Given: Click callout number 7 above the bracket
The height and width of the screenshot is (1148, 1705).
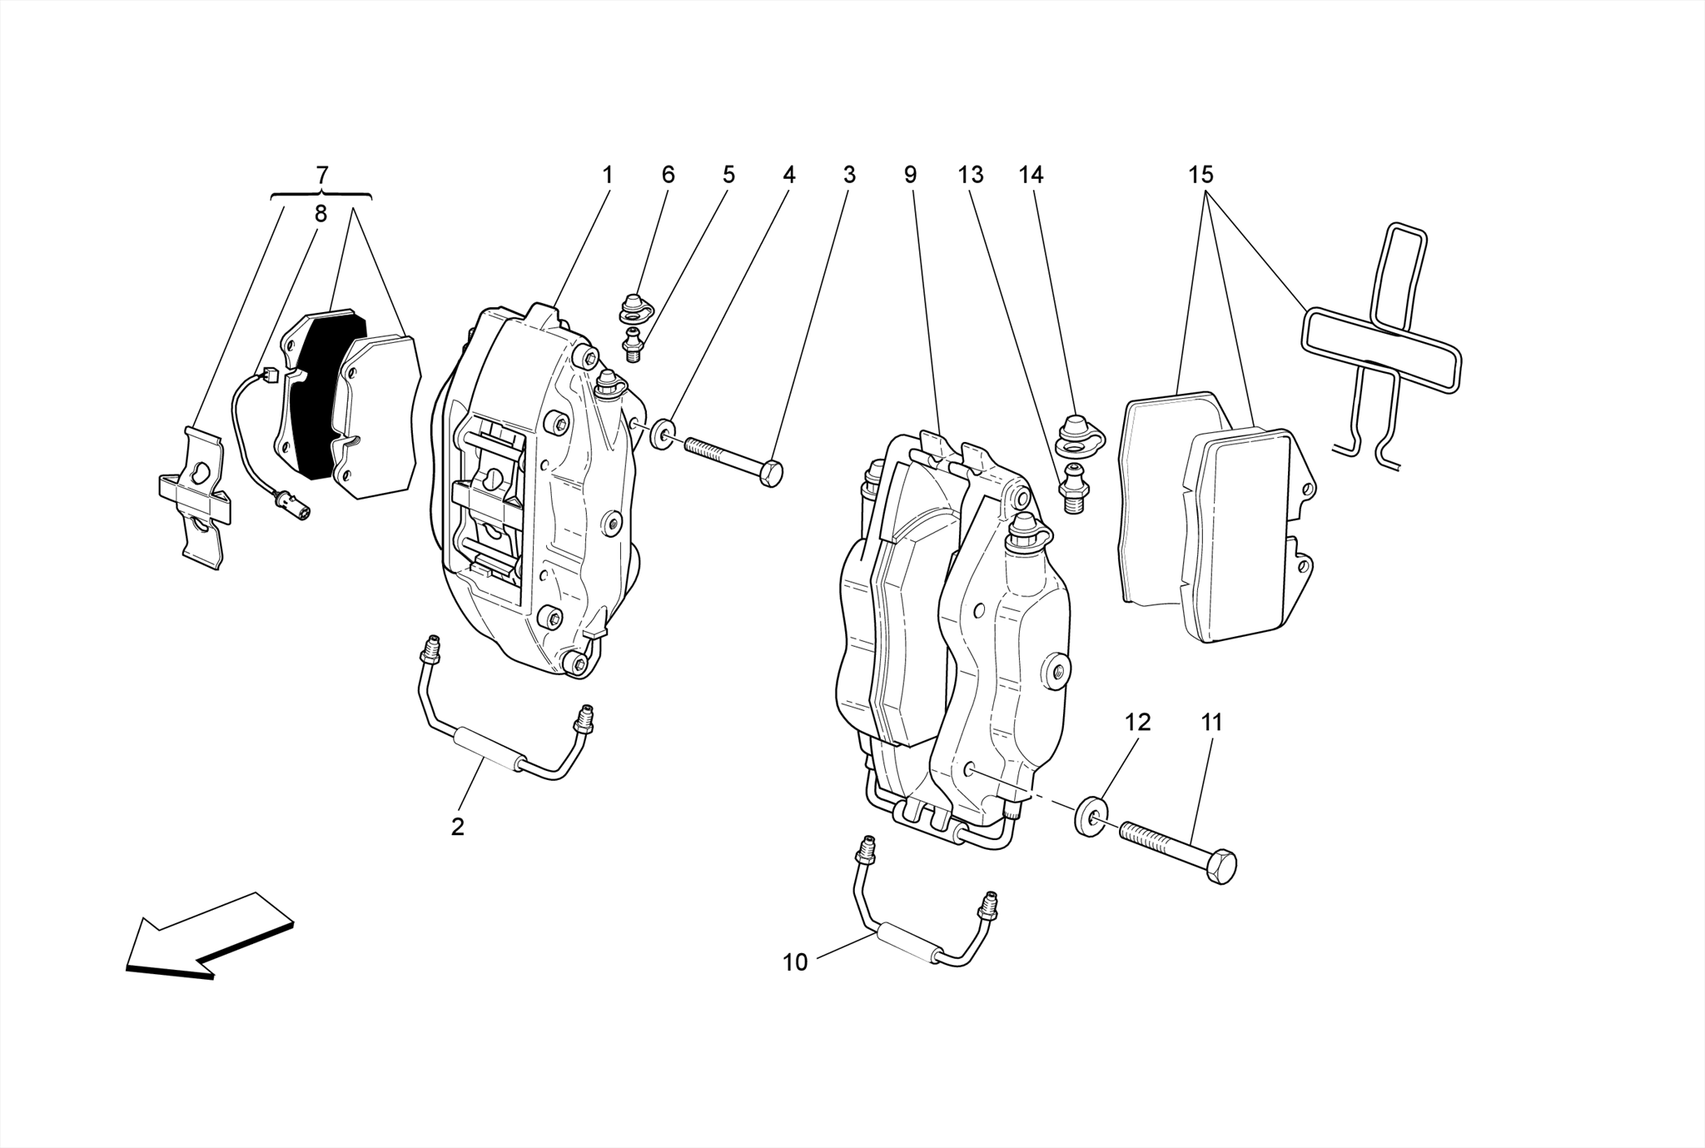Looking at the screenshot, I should tap(322, 175).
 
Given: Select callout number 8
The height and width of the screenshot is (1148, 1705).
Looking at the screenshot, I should tap(321, 214).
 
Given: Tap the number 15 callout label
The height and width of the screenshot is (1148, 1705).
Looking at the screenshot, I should tap(1200, 175).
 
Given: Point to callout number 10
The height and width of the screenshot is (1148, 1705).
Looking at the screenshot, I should tap(795, 962).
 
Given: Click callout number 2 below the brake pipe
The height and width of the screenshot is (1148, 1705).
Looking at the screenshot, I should tap(457, 827).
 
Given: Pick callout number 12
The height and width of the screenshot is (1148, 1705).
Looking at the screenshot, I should tap(1137, 723).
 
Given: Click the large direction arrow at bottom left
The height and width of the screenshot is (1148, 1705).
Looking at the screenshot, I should tap(208, 937).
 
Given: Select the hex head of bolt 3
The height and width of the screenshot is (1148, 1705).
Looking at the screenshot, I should tap(771, 474).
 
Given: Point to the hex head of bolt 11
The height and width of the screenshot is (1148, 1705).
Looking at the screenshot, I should tap(1220, 867).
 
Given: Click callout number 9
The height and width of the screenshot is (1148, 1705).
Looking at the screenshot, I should tap(910, 175).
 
